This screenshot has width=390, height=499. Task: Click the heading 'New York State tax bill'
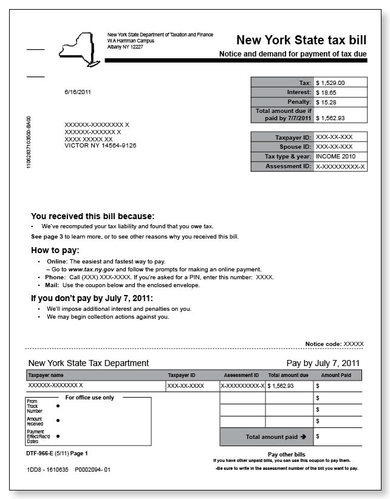point(301,41)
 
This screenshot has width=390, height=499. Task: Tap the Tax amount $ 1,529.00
point(330,83)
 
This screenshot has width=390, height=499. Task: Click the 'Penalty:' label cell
point(298,103)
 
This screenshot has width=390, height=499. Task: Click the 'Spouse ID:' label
point(294,147)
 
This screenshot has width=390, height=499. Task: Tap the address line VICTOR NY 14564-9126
point(100,146)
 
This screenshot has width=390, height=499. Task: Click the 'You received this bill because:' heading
point(93,216)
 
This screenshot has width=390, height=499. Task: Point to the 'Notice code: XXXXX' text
point(334,344)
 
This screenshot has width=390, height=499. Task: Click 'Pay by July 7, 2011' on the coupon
point(323,364)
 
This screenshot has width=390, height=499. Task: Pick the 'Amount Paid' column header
point(336,376)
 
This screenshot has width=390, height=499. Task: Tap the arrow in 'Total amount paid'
point(303,436)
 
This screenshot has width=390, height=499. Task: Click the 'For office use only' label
point(89,398)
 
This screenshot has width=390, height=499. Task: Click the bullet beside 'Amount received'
point(58,420)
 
